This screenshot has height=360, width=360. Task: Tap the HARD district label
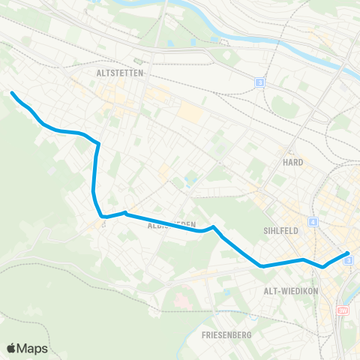click(x=292, y=162)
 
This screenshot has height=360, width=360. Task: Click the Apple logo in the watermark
click(x=11, y=348)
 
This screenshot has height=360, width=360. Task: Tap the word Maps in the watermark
click(x=34, y=348)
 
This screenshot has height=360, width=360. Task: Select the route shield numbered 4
click(x=312, y=222)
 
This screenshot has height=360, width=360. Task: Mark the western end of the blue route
click(x=13, y=93)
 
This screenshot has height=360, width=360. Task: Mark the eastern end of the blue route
click(x=349, y=254)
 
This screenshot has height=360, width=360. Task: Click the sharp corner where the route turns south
click(x=98, y=142)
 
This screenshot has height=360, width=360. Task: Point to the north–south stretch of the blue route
click(x=94, y=172)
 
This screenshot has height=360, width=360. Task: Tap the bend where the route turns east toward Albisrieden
click(x=103, y=217)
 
